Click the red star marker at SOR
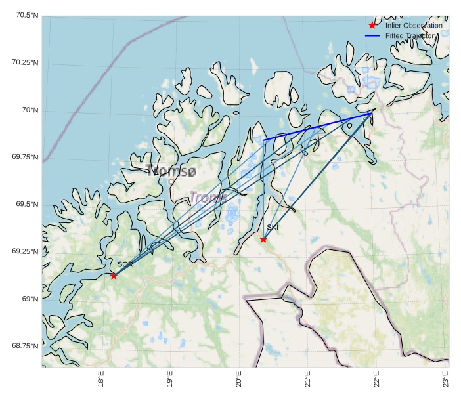coord(114,276)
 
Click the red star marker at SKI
coord(263,239)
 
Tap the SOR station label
coord(125,264)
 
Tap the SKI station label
coord(273,227)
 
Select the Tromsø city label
coord(172,171)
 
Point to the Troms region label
coord(208,196)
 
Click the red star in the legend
coord(372,25)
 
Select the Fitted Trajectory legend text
coord(410,35)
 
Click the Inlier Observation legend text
coord(414,25)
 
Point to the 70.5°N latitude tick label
coord(25,15)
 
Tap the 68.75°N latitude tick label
coord(25,346)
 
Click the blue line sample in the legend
coord(372,35)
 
